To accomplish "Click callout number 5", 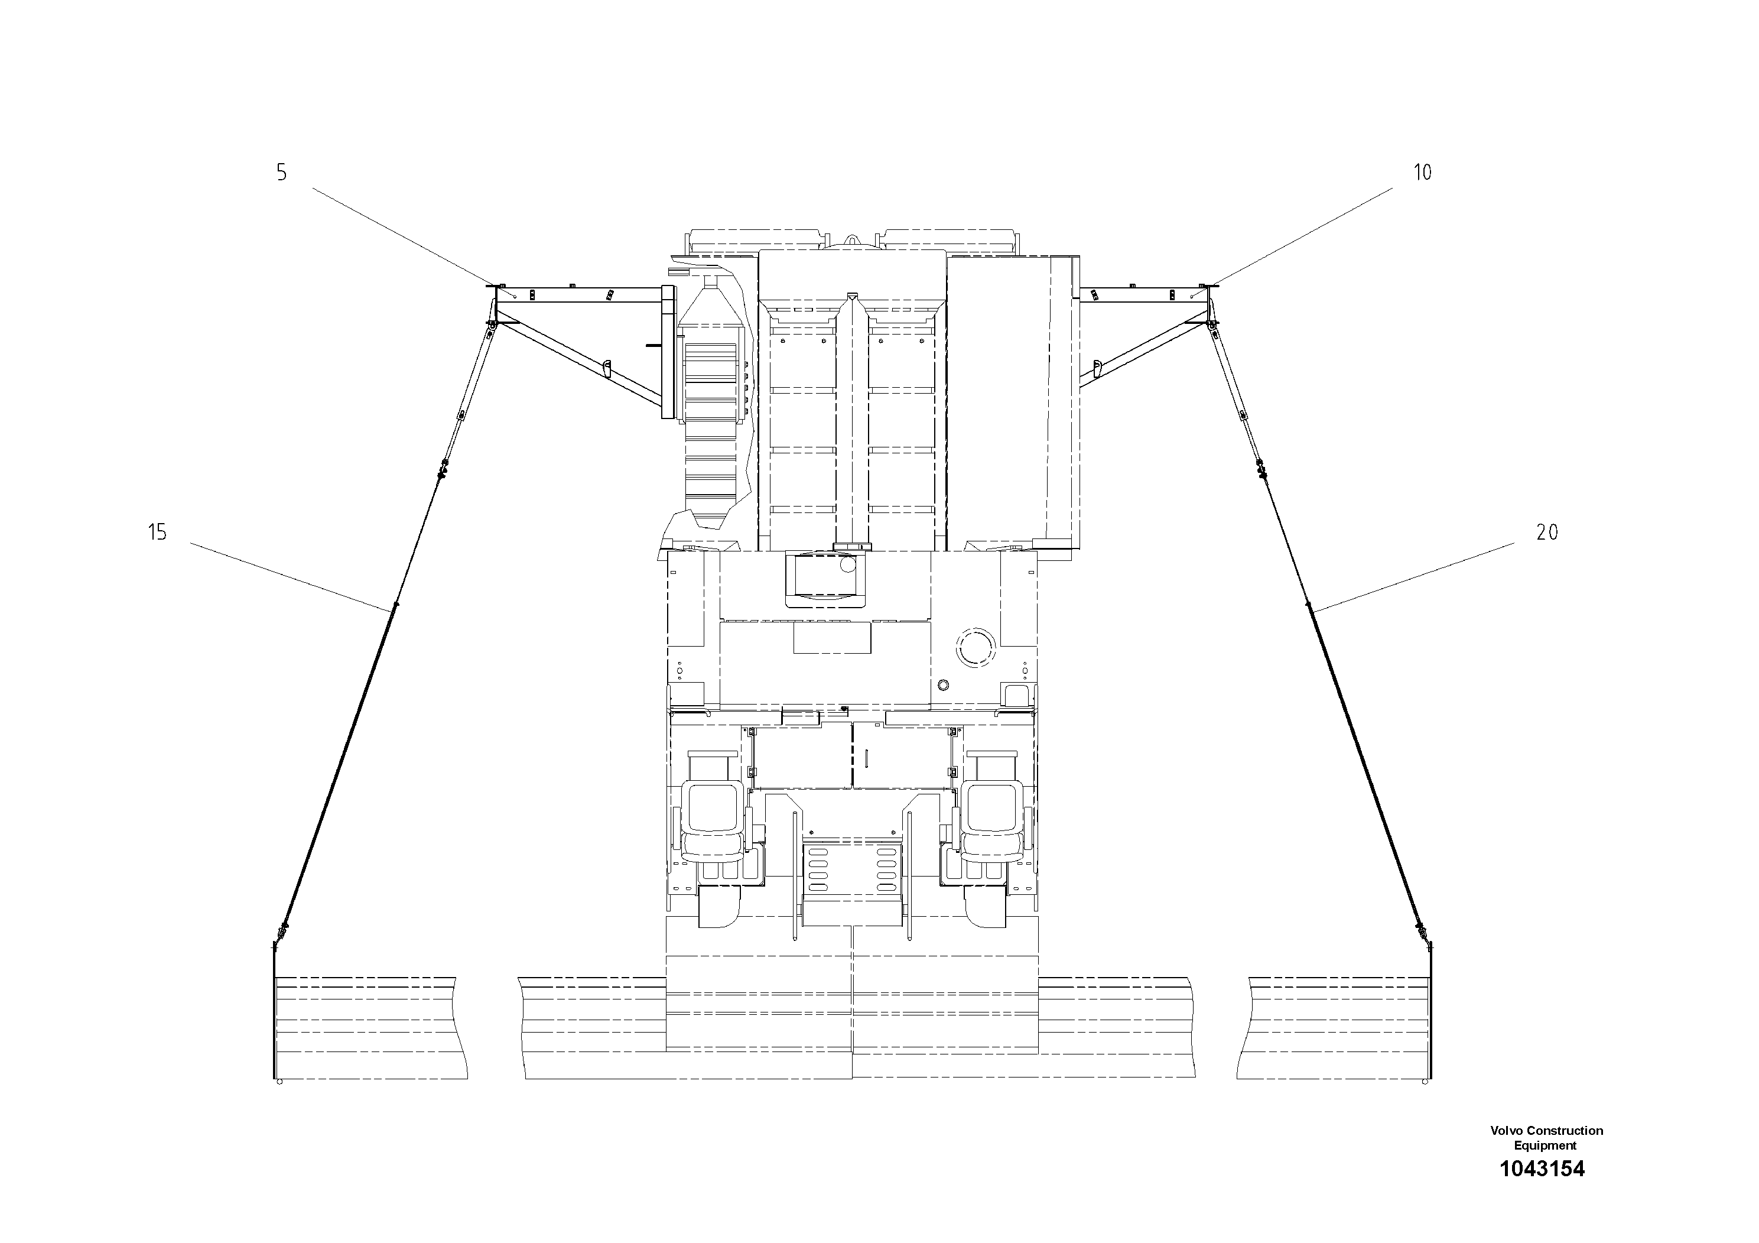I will [x=282, y=173].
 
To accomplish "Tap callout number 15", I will [x=157, y=532].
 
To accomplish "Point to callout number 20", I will [x=1547, y=532].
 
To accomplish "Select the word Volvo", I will [x=1507, y=1130].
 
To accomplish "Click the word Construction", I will [x=1565, y=1130].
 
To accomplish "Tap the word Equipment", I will [x=1545, y=1145].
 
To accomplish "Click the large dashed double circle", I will [x=976, y=648].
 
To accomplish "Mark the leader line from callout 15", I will [x=291, y=576].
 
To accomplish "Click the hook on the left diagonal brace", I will [x=605, y=369].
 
